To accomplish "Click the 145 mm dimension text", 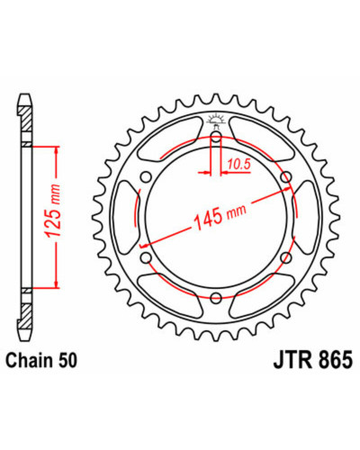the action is pyautogui.click(x=220, y=214).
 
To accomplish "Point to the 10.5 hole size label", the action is pyautogui.click(x=238, y=164).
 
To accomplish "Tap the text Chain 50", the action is pyautogui.click(x=41, y=360).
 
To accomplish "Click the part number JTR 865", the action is pyautogui.click(x=312, y=360).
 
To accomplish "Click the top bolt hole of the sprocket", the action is pyautogui.click(x=216, y=139).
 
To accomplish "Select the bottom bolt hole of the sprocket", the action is pyautogui.click(x=216, y=298).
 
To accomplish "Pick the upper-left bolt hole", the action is pyautogui.click(x=146, y=177).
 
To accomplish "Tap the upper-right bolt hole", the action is pyautogui.click(x=286, y=177).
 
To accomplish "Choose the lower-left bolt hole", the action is pyautogui.click(x=146, y=257).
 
